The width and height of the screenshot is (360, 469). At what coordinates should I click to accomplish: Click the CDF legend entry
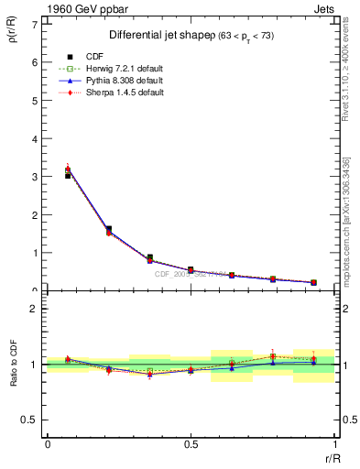[x=95, y=57]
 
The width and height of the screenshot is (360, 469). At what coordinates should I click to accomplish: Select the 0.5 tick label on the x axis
[x=191, y=444]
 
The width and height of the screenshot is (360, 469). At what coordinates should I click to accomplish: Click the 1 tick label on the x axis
[x=335, y=444]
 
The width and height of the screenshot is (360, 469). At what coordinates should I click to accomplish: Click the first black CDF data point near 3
[x=68, y=174]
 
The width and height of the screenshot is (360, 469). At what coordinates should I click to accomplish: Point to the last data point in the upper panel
[x=314, y=282]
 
